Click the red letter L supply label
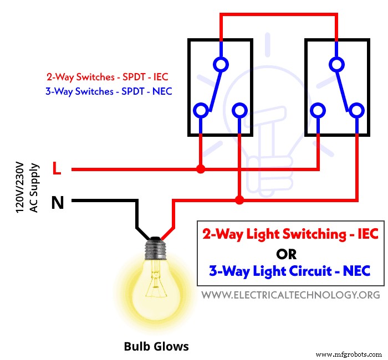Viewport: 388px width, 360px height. (57, 169)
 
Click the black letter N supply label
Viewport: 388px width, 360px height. (57, 203)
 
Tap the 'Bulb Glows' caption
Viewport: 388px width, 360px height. (156, 346)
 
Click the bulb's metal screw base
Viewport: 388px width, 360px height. (157, 249)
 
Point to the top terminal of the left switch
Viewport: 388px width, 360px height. (221, 64)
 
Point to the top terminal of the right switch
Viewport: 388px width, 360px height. (336, 64)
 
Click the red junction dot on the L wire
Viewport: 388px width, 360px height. (201, 169)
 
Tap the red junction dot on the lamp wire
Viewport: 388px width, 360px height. (239, 199)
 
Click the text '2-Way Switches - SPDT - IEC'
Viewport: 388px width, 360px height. (108, 78)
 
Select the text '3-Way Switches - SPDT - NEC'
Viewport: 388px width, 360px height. (108, 91)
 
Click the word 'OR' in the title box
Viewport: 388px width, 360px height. (286, 254)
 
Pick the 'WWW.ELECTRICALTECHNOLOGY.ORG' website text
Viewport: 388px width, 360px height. (290, 295)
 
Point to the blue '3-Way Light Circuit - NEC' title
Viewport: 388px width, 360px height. (289, 271)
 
